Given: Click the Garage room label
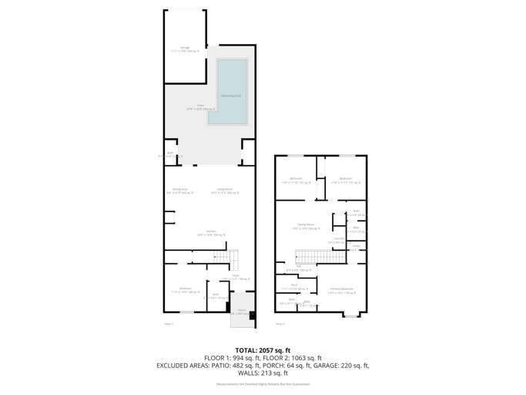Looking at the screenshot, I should pos(185,49).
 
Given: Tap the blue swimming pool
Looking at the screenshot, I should pos(232,92).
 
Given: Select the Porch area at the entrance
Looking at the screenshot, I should pos(241,312).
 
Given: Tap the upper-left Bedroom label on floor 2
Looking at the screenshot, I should pos(297,181).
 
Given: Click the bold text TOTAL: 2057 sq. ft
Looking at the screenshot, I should pos(263,349).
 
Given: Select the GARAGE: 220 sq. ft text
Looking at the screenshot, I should pos(342,366).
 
